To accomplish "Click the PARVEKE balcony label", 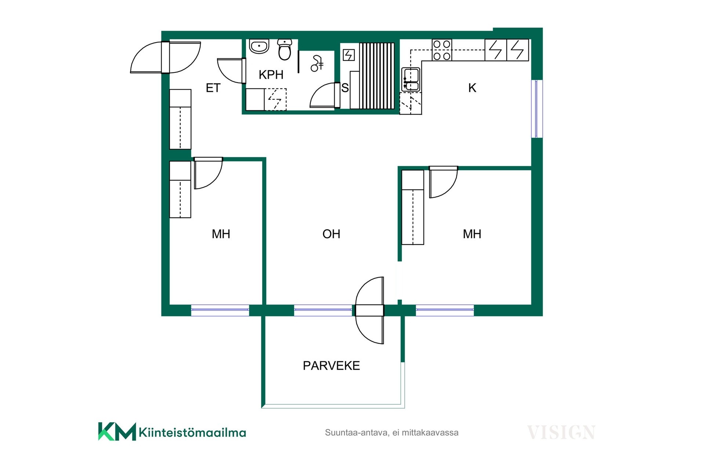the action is (331, 366).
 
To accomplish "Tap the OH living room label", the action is (331, 234).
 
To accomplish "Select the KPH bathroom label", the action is (271, 75).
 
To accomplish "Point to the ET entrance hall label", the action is (213, 88).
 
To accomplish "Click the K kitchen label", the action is (472, 88).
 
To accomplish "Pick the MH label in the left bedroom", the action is (221, 234).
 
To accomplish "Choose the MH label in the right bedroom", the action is (472, 234).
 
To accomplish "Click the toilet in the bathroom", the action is (285, 50).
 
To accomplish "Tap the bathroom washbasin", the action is (259, 46).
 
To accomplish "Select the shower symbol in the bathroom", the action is (317, 64).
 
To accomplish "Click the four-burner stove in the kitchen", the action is (442, 50).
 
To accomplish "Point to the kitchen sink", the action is (411, 79).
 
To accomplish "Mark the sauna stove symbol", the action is (348, 55).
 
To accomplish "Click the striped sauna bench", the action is (377, 76).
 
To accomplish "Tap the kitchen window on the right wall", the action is (537, 109).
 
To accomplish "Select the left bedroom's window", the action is (220, 310).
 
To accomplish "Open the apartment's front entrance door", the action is (166, 57).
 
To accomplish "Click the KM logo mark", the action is (117, 431).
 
